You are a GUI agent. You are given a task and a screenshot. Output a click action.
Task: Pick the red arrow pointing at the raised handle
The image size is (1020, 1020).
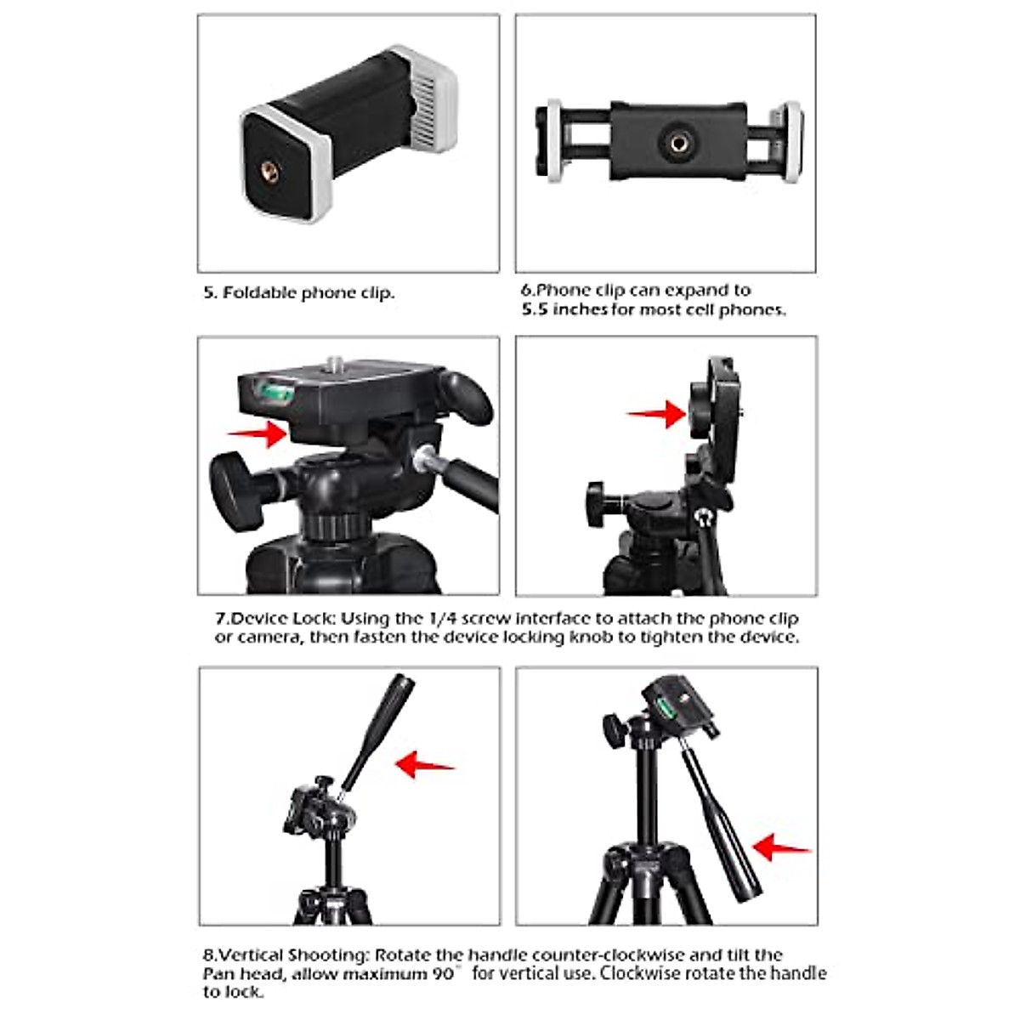tap(425, 764)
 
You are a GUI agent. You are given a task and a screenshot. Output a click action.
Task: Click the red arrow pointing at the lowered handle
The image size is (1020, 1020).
tap(781, 847)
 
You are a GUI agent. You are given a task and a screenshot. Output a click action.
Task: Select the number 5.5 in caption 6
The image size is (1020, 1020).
tap(535, 310)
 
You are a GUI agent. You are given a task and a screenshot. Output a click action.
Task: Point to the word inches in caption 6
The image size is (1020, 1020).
tap(580, 310)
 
